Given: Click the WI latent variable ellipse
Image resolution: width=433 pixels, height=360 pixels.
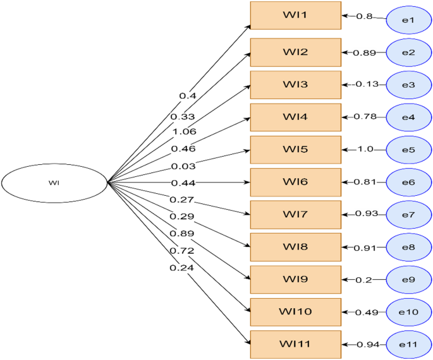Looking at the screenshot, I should (x=54, y=183).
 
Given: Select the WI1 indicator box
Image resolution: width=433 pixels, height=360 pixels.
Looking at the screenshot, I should (x=295, y=15).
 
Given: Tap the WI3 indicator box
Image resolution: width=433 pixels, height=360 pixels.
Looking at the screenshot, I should (x=295, y=85).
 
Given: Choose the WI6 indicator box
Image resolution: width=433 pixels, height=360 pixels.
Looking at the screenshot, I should (x=295, y=182).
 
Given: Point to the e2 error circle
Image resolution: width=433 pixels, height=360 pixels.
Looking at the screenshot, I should (x=408, y=52).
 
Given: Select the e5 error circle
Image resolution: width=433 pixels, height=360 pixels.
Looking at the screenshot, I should (x=408, y=150).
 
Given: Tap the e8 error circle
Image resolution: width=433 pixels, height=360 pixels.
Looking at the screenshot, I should (x=408, y=247).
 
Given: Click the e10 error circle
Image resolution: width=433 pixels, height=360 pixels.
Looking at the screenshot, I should (x=408, y=312).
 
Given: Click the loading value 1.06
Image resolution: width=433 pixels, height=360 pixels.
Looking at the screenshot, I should (x=183, y=131).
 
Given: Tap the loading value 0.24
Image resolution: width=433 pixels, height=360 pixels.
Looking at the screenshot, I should (x=182, y=267).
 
